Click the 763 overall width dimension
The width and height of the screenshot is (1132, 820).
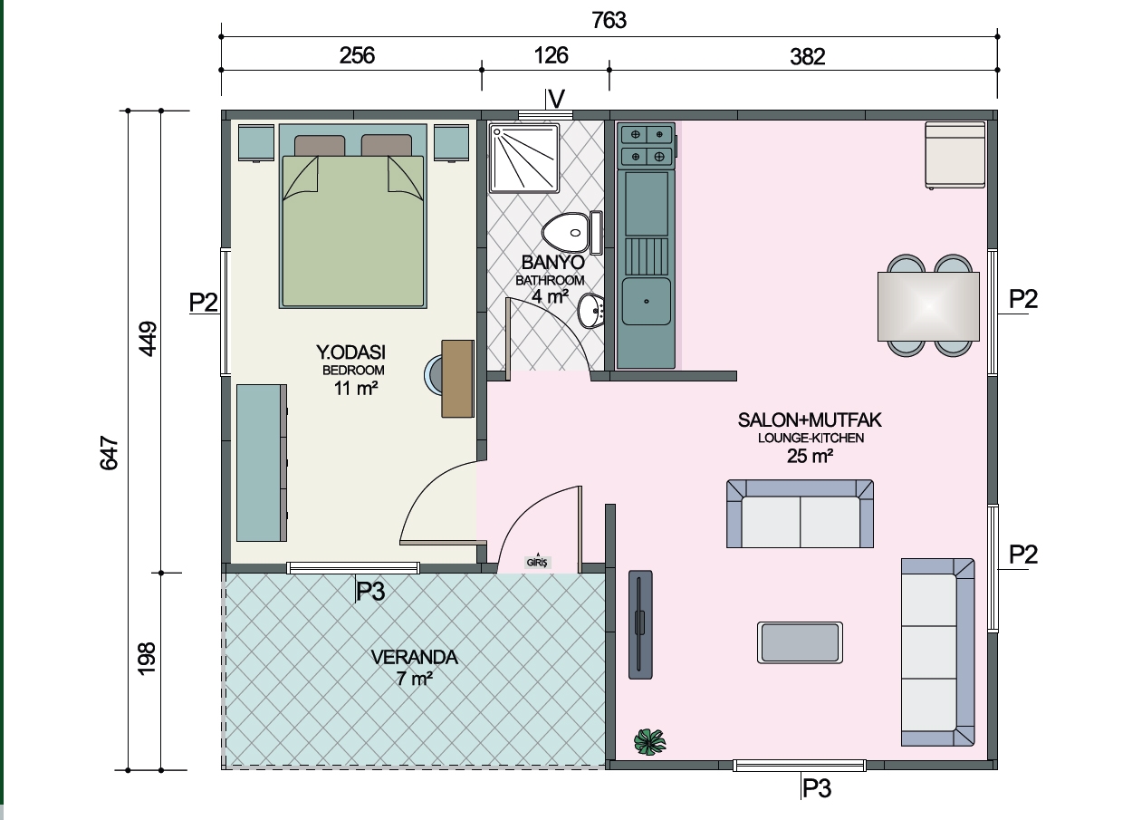609,20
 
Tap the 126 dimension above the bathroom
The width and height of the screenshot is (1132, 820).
551,55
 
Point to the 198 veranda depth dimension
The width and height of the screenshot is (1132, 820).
147,659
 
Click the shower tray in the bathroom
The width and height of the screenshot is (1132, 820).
524,159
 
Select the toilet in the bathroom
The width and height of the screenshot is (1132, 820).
571,233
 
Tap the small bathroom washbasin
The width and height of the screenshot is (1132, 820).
590,311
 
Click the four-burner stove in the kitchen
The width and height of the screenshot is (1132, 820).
648,146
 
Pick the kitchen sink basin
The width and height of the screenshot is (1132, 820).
647,302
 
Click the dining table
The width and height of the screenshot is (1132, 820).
928,306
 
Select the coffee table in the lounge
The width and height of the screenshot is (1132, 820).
800,642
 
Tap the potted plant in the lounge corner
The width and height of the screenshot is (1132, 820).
650,742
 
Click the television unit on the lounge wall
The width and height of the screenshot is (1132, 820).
640,625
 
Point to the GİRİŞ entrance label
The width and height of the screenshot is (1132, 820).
537,562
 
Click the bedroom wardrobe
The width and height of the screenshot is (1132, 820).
262,463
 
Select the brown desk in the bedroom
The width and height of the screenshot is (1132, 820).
458,379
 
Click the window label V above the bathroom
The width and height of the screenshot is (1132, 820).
556,99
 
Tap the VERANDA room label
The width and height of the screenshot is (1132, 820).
415,657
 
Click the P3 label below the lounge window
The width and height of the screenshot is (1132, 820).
817,788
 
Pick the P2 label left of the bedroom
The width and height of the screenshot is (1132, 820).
204,303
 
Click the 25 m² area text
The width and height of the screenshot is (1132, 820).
810,456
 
